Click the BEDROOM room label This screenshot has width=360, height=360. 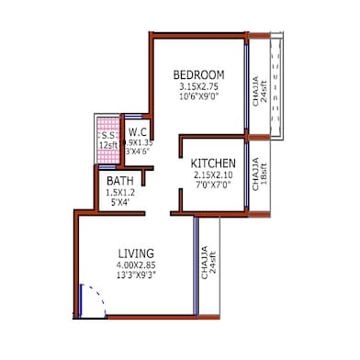[x=198, y=74]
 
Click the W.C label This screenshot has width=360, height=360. [x=140, y=132]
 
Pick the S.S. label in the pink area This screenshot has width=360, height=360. [x=107, y=134]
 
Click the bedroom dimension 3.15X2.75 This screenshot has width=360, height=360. [x=198, y=87]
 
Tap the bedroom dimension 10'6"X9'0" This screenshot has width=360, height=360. [x=198, y=98]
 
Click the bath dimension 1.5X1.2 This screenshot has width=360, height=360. [x=120, y=193]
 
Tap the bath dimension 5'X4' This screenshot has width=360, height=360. [x=120, y=204]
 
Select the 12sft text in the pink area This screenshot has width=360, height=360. [x=107, y=145]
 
